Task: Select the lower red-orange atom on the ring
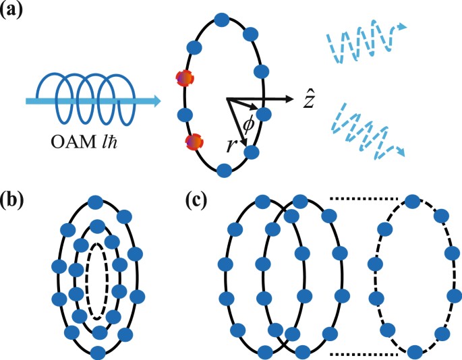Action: tap(193, 142)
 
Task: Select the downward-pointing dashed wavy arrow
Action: tap(368, 132)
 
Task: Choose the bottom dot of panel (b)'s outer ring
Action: tap(98, 352)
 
